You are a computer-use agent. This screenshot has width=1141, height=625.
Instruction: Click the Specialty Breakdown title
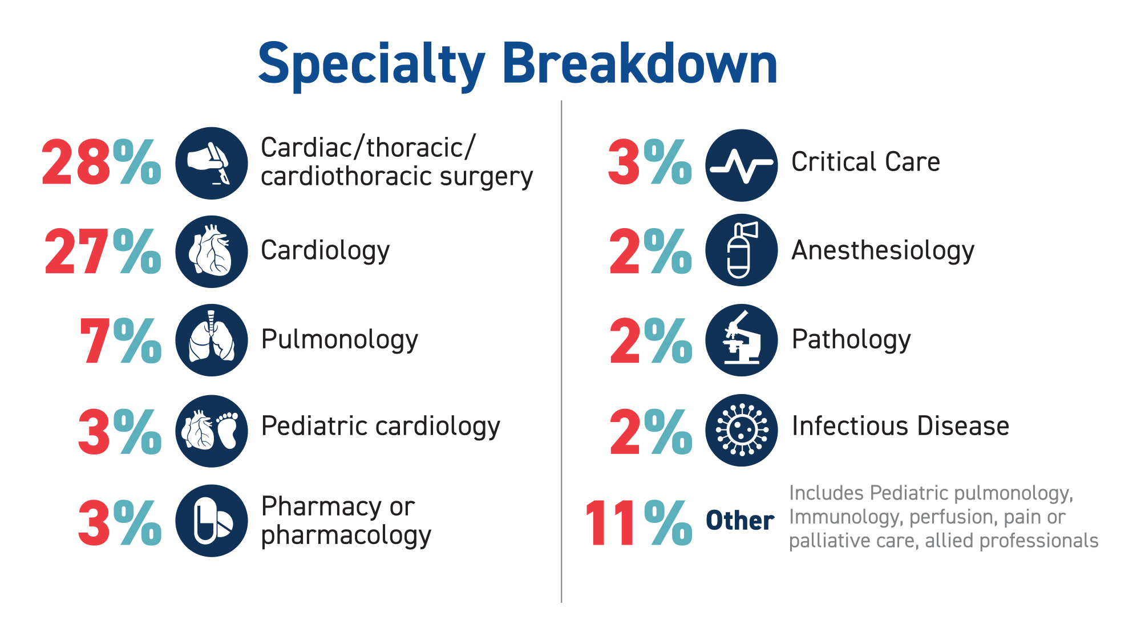(517, 64)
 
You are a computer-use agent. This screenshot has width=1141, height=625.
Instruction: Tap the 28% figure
(102, 163)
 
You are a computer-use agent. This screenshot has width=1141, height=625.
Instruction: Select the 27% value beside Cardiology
(103, 251)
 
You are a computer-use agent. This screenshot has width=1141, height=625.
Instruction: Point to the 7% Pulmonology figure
(120, 340)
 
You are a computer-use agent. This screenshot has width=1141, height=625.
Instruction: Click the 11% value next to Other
(638, 522)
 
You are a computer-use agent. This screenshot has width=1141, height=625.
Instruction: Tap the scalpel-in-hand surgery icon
(212, 163)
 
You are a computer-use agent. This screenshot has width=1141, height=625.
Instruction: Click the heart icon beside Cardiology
(212, 251)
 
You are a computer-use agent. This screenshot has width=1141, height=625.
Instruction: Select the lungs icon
(212, 340)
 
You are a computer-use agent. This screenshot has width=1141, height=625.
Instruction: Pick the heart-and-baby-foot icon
(212, 431)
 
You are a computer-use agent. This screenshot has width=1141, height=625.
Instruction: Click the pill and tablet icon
(212, 521)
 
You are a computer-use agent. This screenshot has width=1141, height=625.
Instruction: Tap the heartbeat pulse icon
(742, 165)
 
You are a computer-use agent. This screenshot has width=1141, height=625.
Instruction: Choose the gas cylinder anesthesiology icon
(742, 250)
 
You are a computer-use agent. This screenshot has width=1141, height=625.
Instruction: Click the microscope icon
(742, 340)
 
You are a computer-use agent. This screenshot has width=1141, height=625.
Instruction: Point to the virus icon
(742, 430)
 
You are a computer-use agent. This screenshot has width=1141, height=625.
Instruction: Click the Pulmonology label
(339, 340)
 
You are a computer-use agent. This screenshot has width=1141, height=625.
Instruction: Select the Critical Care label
(865, 162)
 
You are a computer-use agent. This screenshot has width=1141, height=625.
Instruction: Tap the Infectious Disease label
(900, 426)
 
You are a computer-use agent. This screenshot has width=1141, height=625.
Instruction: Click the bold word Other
(740, 521)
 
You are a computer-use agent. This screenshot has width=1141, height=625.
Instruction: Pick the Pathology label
(851, 340)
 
